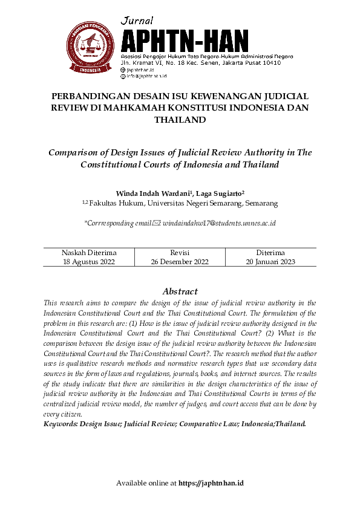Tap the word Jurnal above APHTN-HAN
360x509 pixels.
coord(137,21)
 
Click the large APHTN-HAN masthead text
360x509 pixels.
coord(184,41)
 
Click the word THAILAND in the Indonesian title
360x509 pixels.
coord(180,120)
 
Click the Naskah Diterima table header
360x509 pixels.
coord(89,252)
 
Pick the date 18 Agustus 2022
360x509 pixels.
coord(89,262)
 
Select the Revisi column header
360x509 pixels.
coord(180,252)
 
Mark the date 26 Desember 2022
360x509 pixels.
coord(180,262)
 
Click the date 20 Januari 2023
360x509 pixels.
coord(270,262)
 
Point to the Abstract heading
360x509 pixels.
coord(180,291)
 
